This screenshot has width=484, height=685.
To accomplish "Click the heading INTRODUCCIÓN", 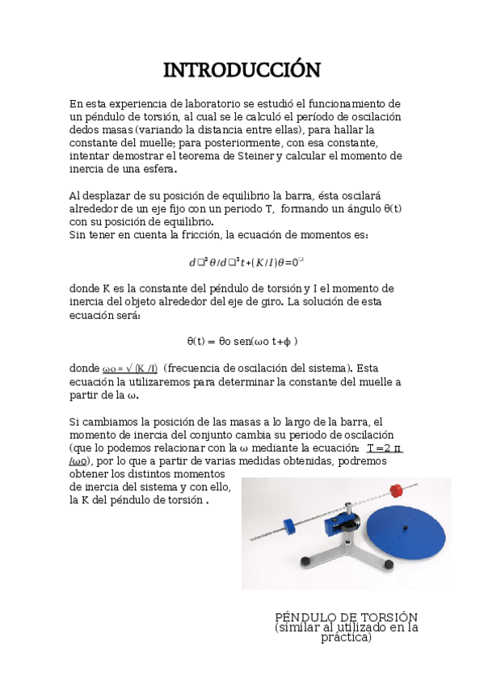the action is click(x=242, y=70).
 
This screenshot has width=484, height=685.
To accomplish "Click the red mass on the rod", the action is click(x=396, y=492).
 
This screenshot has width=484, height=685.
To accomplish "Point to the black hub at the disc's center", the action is click(x=404, y=530).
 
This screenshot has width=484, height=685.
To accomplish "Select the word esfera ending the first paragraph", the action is click(x=155, y=169).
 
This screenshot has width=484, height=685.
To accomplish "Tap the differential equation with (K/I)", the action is click(x=246, y=262).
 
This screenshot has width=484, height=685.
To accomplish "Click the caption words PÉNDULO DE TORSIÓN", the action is click(x=346, y=616).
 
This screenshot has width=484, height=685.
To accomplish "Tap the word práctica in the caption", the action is click(x=346, y=637).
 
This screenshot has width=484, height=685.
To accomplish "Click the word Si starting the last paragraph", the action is click(x=74, y=422).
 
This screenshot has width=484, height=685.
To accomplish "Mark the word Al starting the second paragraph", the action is click(x=76, y=195).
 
